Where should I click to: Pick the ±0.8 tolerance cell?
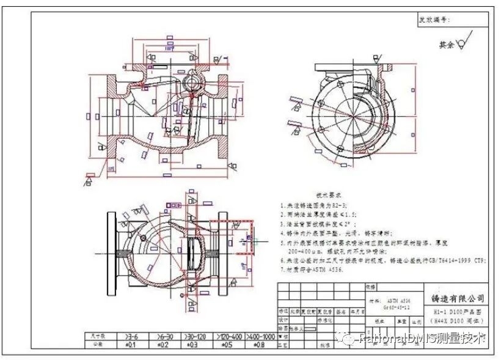tap(259, 343)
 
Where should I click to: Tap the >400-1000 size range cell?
tap(259, 336)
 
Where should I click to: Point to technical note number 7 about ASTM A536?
tap(318, 269)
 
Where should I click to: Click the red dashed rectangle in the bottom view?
tap(241, 237)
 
